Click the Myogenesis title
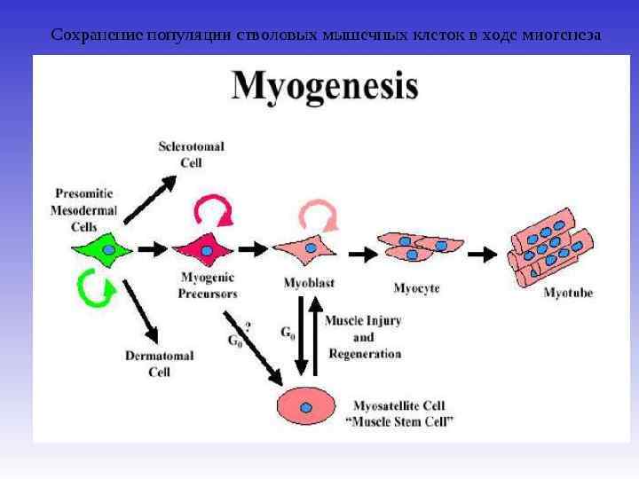[324, 88]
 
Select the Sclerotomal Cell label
[191, 153]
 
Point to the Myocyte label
[416, 287]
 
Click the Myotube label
[568, 292]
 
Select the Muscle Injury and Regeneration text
[364, 337]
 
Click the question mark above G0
[247, 326]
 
